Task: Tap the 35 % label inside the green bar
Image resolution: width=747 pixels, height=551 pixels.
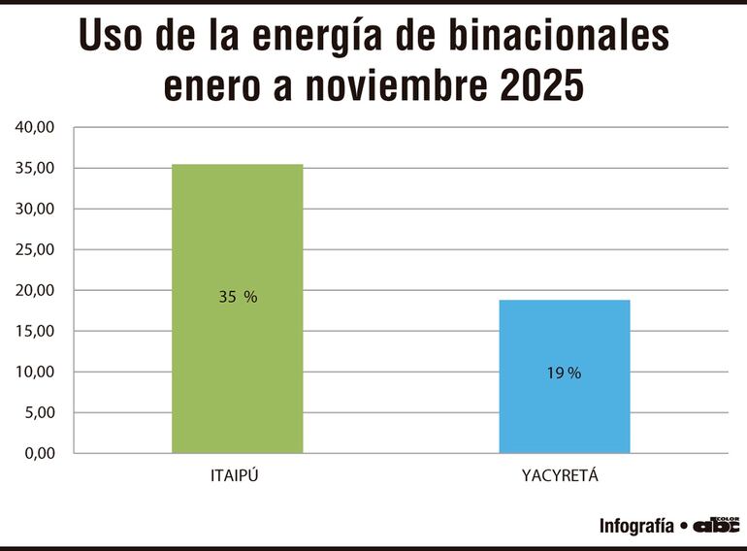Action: click(x=238, y=298)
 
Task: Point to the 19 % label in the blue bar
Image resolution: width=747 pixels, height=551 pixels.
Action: click(x=564, y=373)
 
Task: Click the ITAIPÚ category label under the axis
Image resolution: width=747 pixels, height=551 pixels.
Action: click(x=238, y=476)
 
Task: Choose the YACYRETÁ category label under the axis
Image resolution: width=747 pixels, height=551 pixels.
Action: click(x=565, y=476)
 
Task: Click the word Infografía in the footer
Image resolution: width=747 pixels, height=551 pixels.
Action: click(x=635, y=526)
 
